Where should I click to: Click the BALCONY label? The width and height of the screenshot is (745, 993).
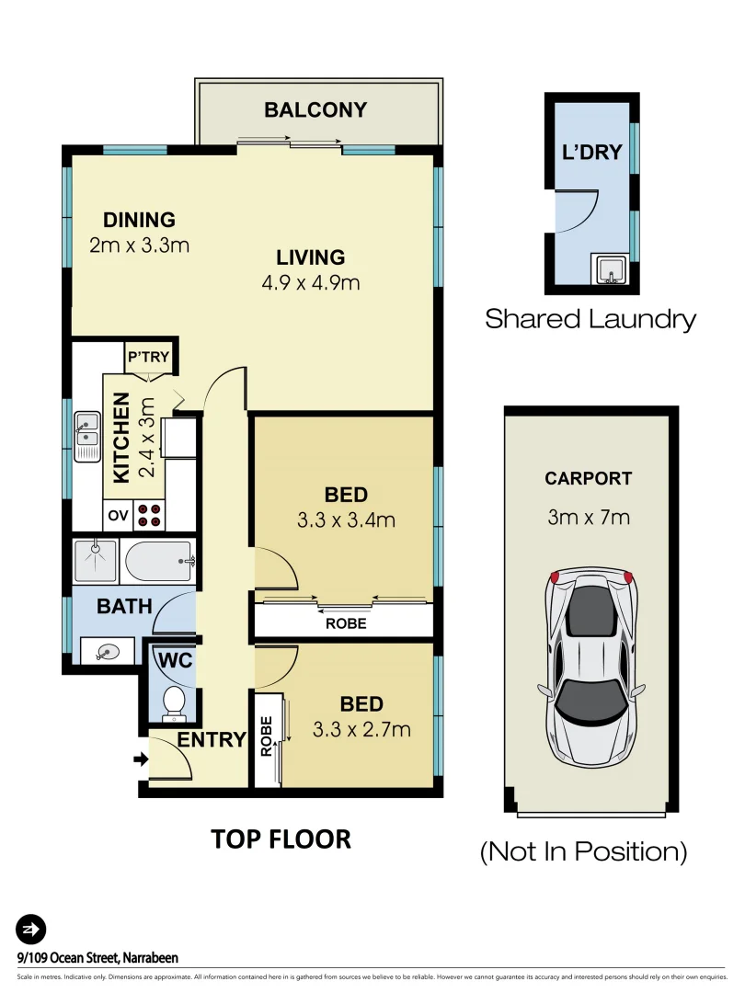point(315,110)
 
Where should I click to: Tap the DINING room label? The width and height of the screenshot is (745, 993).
point(139,220)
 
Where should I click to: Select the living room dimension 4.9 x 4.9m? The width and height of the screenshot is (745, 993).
point(310,282)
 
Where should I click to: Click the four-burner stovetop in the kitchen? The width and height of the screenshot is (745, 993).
point(150,515)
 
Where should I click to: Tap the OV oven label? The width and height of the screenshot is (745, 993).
point(118,515)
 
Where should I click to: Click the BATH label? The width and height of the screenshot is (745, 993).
point(124,607)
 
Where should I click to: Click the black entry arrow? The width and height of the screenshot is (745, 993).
point(141,759)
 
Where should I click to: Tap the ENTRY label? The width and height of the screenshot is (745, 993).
point(212,740)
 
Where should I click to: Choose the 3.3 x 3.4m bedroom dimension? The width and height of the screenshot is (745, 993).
point(346,520)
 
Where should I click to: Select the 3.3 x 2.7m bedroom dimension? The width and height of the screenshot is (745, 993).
point(361,730)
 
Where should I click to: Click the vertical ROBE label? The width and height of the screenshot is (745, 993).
point(266,737)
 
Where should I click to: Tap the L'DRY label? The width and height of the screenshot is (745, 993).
point(591,153)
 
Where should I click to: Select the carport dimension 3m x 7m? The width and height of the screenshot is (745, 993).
point(589,517)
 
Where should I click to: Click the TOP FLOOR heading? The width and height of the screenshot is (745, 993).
point(281,839)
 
